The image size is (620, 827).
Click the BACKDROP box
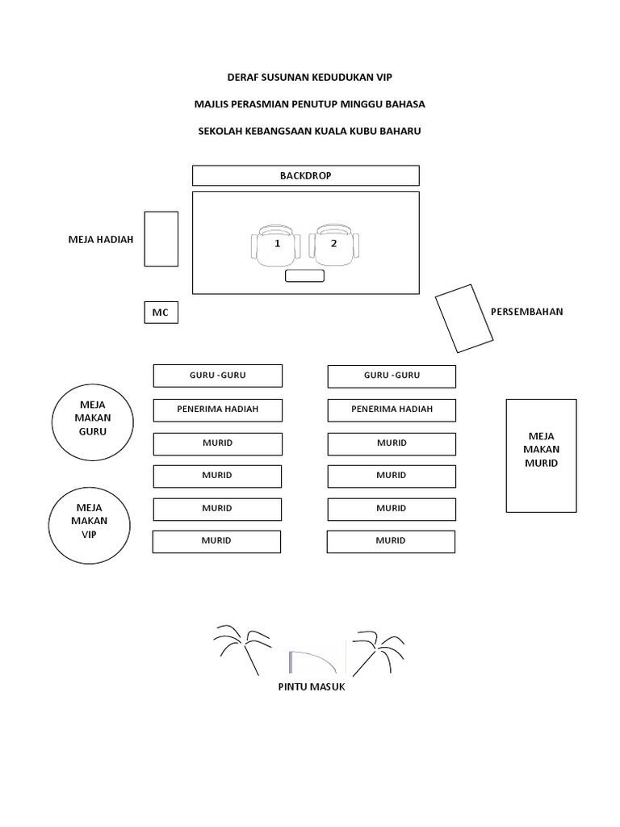click(306, 175)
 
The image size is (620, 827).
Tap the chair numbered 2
click(334, 246)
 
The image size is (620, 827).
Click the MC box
click(161, 312)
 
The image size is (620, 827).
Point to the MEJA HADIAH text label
click(101, 239)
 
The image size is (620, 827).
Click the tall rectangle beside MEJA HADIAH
click(161, 238)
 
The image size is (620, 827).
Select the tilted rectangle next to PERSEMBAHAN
click(465, 318)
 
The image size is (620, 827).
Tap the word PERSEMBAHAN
click(526, 312)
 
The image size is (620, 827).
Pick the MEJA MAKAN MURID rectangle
click(541, 455)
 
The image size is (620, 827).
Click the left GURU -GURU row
click(218, 376)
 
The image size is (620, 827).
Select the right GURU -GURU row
click(392, 376)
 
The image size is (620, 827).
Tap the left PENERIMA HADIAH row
click(218, 409)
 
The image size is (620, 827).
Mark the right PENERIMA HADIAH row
click(392, 409)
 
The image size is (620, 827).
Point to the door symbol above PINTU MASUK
click(312, 658)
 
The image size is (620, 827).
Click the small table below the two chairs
click(305, 276)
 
